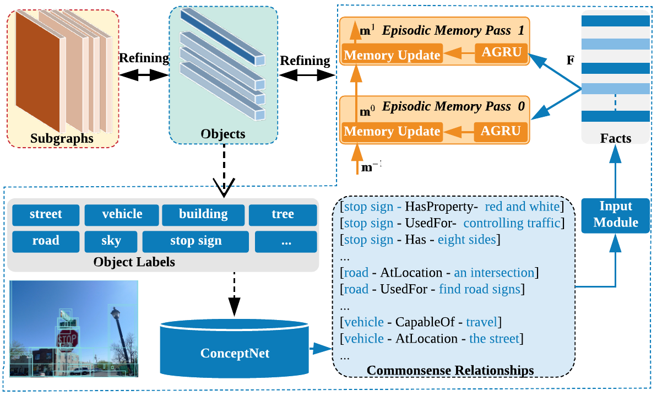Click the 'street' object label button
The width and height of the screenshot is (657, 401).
46,214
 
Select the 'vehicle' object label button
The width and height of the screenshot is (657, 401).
122,214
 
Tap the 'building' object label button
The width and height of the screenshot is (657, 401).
203,214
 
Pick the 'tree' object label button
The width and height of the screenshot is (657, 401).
283,214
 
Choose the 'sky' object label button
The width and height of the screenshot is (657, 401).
111,241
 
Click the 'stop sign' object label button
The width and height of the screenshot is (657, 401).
196,241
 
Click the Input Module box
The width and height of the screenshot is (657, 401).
615,214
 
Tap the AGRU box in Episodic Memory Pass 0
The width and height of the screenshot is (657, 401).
501,131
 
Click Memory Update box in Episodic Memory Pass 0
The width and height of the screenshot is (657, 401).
392,131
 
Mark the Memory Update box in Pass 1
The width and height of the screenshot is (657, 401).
392,55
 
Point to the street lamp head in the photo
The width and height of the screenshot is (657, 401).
115,315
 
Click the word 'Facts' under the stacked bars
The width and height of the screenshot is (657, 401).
615,138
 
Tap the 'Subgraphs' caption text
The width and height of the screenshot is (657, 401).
62,138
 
